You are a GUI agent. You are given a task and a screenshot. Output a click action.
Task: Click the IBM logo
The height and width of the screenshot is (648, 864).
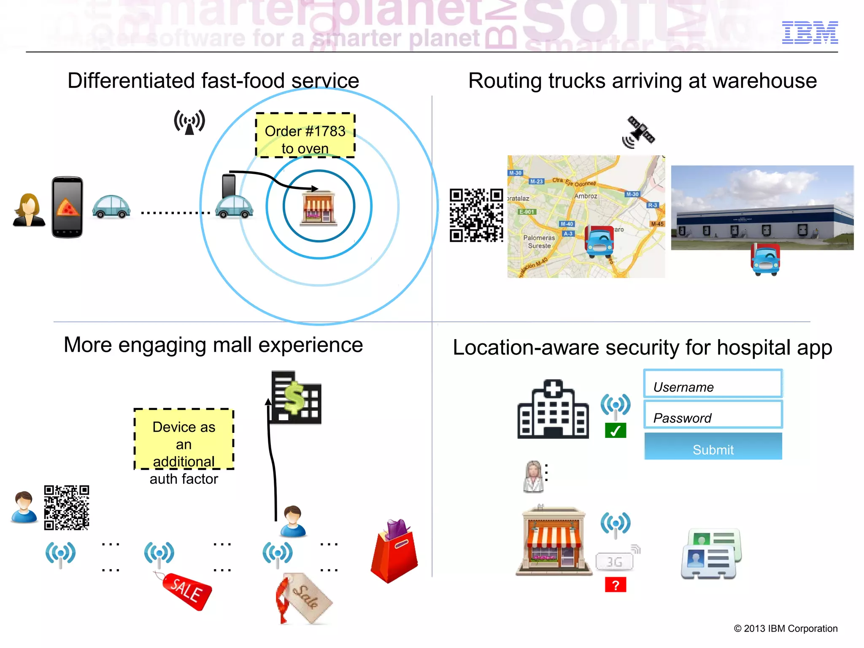tap(810, 32)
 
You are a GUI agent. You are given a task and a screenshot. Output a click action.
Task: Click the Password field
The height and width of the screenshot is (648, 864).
tap(713, 415)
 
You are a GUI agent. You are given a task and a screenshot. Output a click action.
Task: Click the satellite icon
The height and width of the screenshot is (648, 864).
tap(639, 132)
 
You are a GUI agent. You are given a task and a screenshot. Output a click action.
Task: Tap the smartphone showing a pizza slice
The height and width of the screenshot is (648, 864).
tap(67, 207)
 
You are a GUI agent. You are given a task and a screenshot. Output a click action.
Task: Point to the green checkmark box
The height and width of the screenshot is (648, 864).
tap(615, 431)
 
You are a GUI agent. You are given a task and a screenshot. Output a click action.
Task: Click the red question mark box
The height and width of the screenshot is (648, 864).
tap(615, 585)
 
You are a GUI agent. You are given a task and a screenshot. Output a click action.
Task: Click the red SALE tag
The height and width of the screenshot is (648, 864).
tap(186, 590)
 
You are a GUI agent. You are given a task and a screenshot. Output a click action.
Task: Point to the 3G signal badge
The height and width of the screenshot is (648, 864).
tap(615, 561)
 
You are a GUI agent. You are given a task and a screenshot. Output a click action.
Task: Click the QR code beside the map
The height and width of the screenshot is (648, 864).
tap(476, 215)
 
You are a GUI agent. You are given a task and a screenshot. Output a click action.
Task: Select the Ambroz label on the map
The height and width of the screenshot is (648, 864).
tap(586, 196)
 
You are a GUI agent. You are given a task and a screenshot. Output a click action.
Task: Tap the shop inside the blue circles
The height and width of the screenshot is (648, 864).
tap(319, 208)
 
